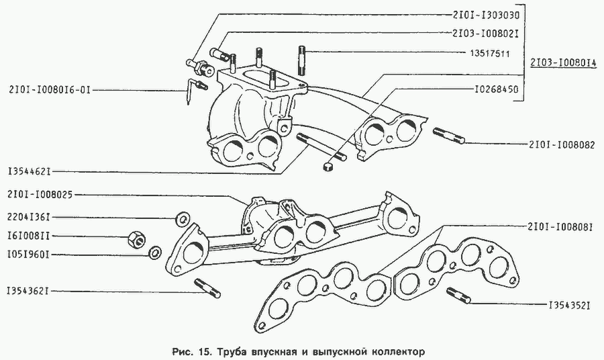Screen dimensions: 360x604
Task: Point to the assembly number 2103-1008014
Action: coord(562,62)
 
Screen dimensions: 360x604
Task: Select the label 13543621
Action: coord(29,291)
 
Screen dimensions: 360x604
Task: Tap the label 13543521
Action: coord(567,306)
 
